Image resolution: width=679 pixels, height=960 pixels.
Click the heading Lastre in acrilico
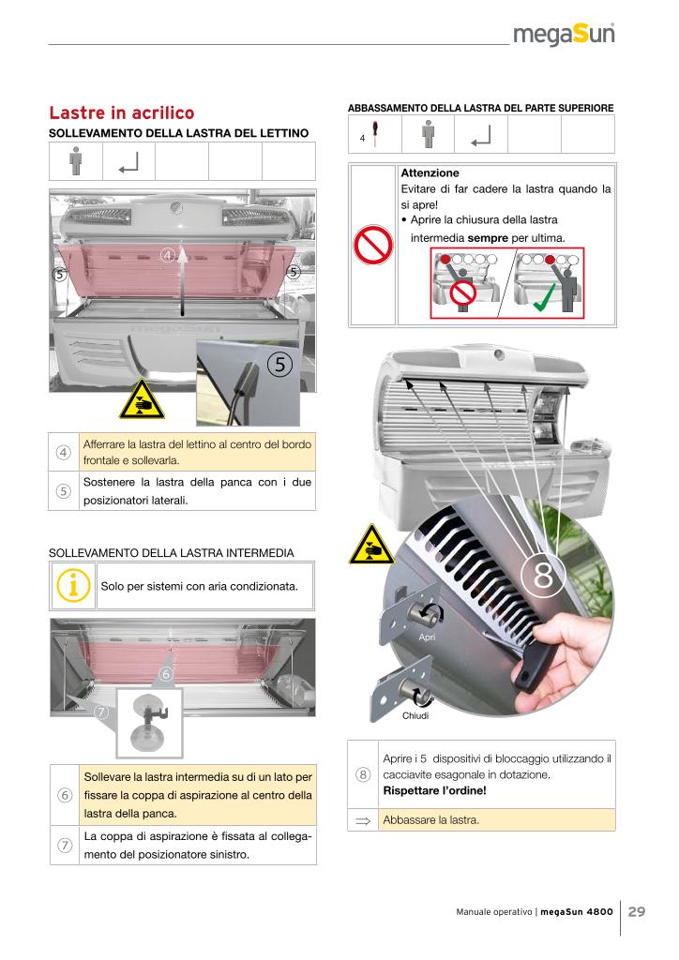point(121,112)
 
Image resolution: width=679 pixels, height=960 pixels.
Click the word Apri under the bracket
point(427,637)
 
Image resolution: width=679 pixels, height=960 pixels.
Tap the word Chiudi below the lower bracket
point(415,716)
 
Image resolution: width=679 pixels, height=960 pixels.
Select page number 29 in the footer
point(637,911)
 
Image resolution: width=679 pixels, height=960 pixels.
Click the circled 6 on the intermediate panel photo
point(166,673)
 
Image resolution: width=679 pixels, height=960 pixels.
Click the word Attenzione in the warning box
point(430,173)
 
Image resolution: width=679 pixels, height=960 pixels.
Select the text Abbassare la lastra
point(431,820)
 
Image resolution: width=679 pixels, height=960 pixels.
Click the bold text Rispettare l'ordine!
point(433,790)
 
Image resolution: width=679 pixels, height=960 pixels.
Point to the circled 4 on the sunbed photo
point(168,255)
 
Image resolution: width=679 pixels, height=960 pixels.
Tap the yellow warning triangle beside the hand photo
point(364,546)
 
